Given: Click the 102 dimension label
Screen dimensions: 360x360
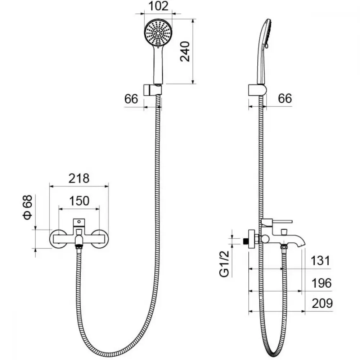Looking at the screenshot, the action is (158, 6).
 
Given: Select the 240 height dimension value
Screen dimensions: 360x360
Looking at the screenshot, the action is (185, 51).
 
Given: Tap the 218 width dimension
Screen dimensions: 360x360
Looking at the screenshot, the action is (79, 179).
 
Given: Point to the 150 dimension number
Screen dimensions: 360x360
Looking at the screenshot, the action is (79, 201).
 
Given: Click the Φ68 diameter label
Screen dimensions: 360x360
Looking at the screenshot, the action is (27, 207).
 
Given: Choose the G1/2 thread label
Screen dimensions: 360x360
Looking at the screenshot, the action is (224, 264).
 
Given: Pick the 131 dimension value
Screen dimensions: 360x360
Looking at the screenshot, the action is (320, 261).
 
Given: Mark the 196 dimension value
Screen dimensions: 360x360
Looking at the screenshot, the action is (321, 283).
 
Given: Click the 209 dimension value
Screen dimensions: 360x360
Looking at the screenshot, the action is (322, 303).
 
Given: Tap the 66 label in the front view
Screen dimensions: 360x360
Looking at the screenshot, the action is (131, 99).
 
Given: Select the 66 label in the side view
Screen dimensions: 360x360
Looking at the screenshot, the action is (285, 98).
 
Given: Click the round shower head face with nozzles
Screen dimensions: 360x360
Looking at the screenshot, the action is (158, 33).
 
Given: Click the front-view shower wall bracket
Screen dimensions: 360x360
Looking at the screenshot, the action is (153, 90).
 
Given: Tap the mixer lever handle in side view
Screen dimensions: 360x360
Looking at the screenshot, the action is (276, 222).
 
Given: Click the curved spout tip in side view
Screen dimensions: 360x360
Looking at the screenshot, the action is (300, 244).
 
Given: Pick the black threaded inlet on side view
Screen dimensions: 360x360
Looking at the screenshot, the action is (246, 241).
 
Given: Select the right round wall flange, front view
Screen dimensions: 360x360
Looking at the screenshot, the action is (99, 239).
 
